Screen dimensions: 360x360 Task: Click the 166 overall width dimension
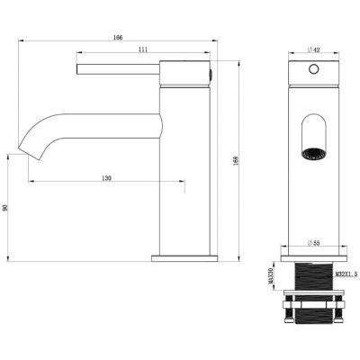[x=118, y=38]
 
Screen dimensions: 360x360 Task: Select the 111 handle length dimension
[x=143, y=49]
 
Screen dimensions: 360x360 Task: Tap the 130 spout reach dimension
[x=106, y=178]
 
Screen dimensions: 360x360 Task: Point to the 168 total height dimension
[x=236, y=161]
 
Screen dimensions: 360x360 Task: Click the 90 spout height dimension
[x=4, y=208]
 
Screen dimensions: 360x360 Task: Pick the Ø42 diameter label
[x=314, y=49]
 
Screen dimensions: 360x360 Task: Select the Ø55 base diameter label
[x=314, y=243]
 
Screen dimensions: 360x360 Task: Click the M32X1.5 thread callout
[x=346, y=274]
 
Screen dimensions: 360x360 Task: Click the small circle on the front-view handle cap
[x=314, y=69]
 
